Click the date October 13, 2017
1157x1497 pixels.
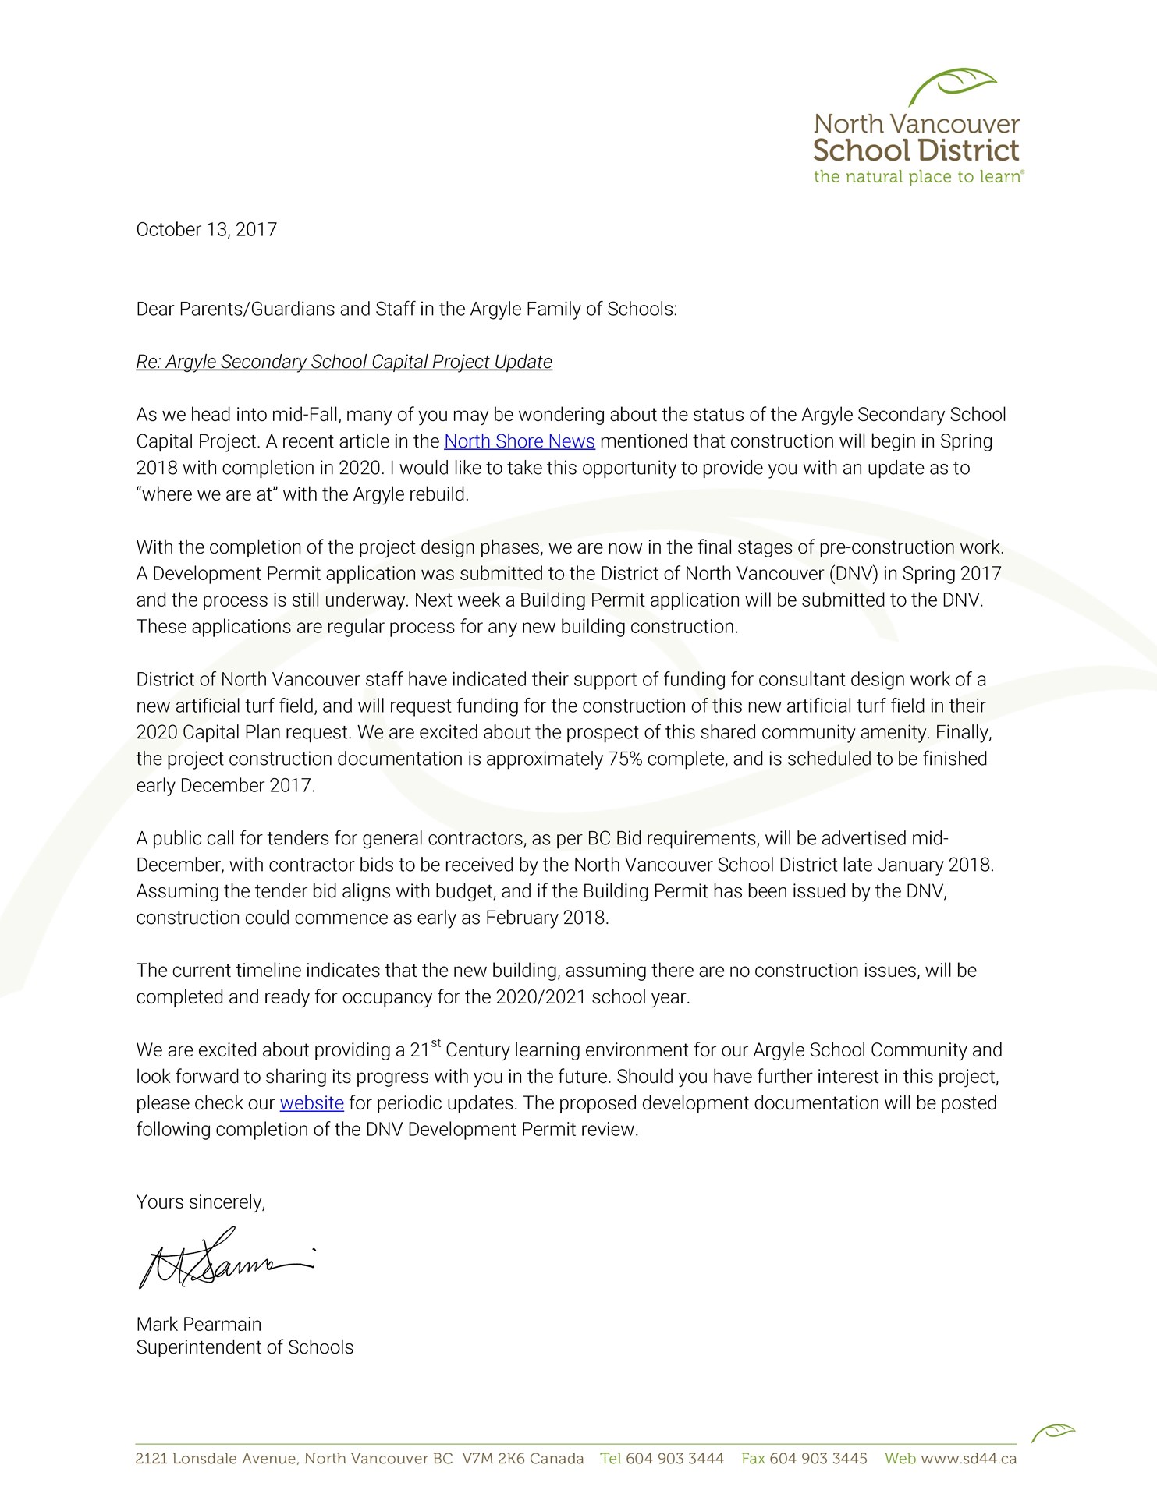[x=206, y=230]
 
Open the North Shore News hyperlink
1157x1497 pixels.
[x=519, y=441]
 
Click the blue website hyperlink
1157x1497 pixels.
[x=311, y=1103]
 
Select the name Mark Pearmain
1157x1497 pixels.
[x=199, y=1324]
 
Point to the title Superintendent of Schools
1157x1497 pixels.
[x=244, y=1347]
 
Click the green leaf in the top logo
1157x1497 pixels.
[x=959, y=84]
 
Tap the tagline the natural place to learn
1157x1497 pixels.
[x=917, y=177]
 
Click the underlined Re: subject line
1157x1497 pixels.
[x=344, y=362]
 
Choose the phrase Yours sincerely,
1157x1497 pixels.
[x=201, y=1202]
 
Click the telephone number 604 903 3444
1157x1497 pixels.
[x=674, y=1458]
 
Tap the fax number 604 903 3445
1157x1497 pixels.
[x=818, y=1458]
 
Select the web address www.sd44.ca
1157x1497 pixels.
[x=968, y=1458]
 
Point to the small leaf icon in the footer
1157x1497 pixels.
[x=1052, y=1432]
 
